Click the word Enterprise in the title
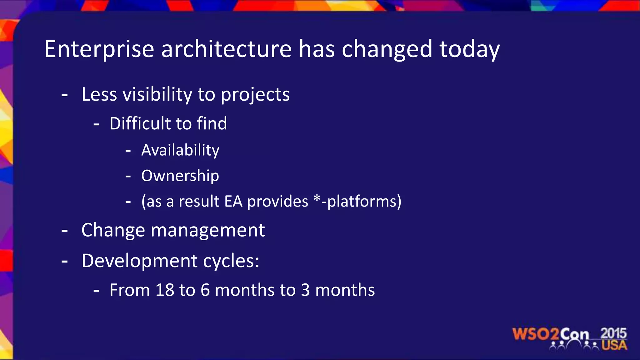(99, 49)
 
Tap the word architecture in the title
(226, 49)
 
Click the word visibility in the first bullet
(157, 94)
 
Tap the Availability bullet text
(180, 151)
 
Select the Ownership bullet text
(180, 176)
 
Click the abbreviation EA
(233, 201)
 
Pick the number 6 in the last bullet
(205, 290)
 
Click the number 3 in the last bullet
(305, 290)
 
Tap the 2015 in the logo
(613, 333)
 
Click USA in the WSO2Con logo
(614, 345)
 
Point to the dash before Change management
(65, 231)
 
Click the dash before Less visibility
(65, 95)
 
